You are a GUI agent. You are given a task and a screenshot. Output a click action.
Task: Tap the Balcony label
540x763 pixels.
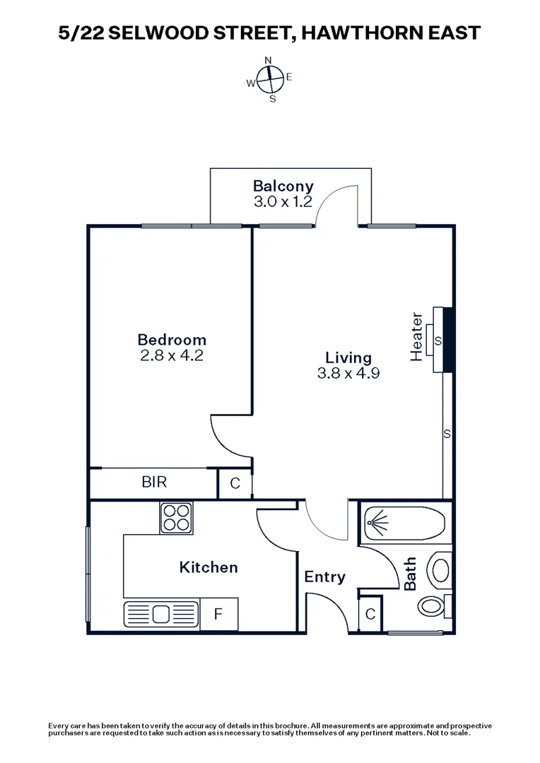coord(283,187)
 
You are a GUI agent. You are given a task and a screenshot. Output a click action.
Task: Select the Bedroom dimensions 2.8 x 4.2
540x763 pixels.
coord(172,356)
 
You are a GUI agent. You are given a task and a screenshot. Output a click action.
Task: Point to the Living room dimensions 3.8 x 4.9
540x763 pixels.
coord(349,374)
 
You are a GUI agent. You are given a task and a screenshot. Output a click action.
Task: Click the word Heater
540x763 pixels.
coord(417,336)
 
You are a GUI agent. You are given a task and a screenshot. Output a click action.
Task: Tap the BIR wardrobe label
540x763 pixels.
coord(154,483)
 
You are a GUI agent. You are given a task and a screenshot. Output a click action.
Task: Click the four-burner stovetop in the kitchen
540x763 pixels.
coord(176,517)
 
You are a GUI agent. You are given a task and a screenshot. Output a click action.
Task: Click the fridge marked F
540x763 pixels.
coord(218,614)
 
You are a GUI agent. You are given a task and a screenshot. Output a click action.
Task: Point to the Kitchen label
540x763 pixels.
coord(208,567)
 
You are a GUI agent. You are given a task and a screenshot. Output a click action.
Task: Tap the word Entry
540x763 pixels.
coord(324,577)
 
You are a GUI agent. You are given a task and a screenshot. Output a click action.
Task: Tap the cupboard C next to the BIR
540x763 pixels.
coord(235,484)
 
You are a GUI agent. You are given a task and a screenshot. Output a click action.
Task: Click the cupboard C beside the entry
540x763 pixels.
coord(370,614)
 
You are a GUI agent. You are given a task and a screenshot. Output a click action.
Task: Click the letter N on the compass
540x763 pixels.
coord(268,60)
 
